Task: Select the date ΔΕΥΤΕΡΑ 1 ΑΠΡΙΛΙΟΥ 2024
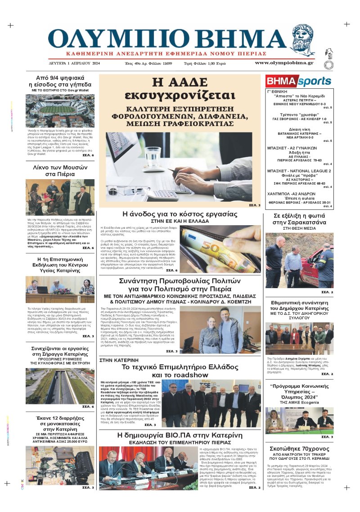click(75, 63)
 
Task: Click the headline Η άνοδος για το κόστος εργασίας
click(180, 214)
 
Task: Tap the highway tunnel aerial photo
click(60, 386)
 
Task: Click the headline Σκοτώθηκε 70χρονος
click(299, 449)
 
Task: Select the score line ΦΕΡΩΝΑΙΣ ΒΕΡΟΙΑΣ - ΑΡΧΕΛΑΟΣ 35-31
click(299, 202)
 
